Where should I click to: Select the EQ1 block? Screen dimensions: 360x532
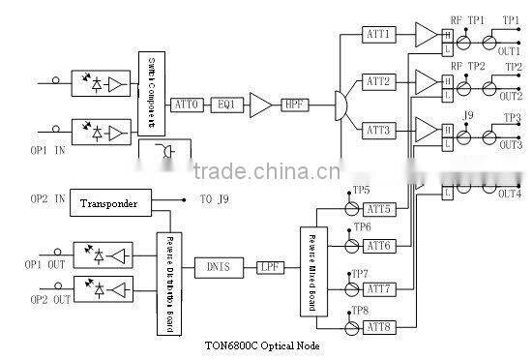tap(224, 104)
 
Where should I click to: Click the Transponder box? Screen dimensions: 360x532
tap(108, 204)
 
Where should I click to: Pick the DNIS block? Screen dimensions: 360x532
tap(219, 266)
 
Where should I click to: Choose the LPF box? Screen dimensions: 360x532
tap(269, 266)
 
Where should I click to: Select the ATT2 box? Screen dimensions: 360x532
tap(378, 81)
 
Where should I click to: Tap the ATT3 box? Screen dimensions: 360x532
tap(378, 129)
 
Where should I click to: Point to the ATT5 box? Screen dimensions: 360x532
tap(378, 209)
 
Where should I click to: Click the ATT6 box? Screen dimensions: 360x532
tap(378, 247)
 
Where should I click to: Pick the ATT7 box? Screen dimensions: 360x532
tap(378, 288)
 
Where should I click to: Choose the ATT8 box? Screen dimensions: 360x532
tap(378, 326)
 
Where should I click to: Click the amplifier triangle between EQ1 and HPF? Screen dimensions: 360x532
tap(259, 104)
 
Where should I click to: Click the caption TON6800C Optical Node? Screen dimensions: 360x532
tap(263, 345)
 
